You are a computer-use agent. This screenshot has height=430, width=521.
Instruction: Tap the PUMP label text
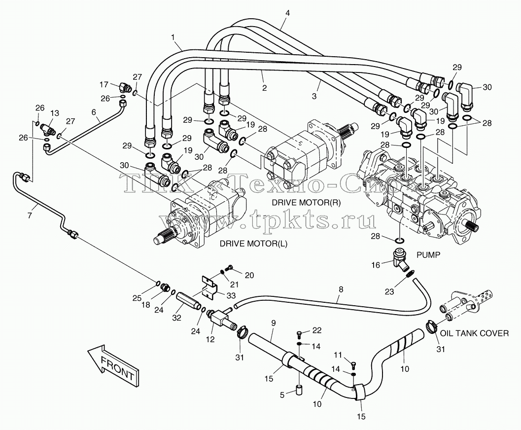428,255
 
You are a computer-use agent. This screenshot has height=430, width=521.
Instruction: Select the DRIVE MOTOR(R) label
306,202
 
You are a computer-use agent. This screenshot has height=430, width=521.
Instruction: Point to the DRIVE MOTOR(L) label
253,244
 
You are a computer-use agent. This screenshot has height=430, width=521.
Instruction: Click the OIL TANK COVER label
474,333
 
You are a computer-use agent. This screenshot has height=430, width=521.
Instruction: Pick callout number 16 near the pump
375,265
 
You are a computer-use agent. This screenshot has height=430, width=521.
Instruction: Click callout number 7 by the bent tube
30,215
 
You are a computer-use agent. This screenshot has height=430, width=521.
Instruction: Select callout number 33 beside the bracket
231,295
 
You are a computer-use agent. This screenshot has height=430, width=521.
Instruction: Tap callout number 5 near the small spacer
282,395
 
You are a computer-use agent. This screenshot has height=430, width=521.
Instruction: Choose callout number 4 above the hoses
287,13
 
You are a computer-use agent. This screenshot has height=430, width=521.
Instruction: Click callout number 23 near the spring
389,291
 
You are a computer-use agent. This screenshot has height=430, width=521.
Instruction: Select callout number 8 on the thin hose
341,289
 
